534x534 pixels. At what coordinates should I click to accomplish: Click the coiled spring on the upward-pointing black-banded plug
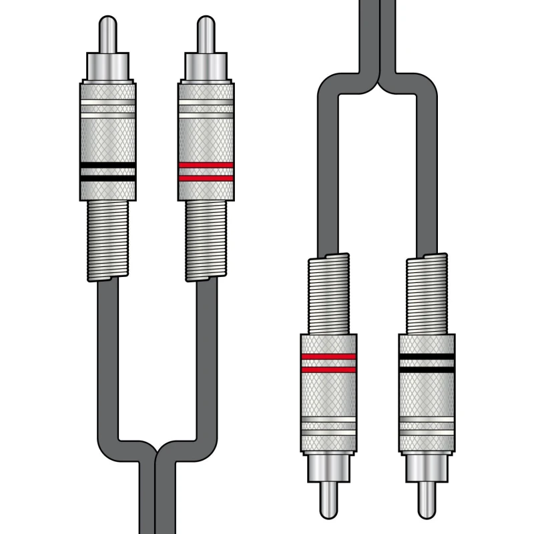click(108, 240)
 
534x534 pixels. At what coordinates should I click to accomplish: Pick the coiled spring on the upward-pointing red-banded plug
click(206, 240)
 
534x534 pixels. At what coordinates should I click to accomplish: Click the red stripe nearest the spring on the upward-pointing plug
click(206, 178)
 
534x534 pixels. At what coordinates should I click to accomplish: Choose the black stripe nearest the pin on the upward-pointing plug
click(108, 165)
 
